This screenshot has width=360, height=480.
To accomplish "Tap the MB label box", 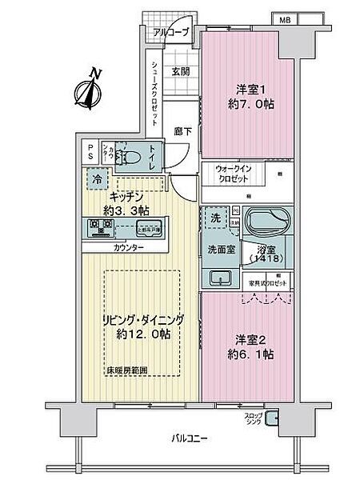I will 284,18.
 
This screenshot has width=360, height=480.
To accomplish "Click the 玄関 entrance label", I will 180,70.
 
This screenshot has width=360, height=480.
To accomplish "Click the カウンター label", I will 129,248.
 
